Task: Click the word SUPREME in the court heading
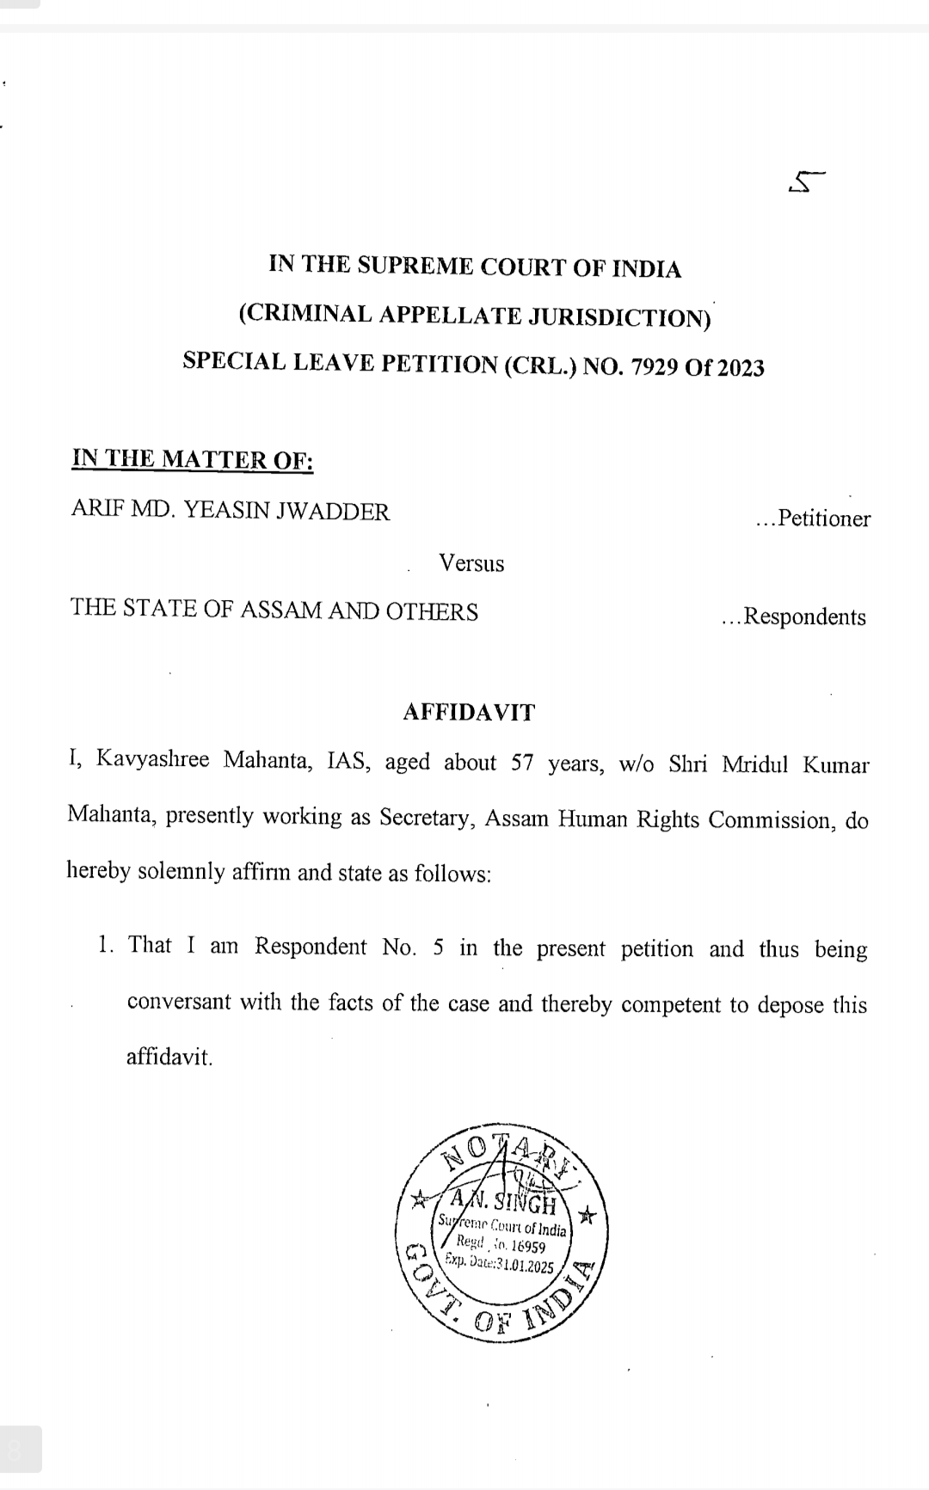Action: (x=416, y=267)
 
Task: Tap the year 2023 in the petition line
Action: (x=741, y=369)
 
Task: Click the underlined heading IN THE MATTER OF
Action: (x=193, y=459)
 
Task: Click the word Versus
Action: (x=471, y=564)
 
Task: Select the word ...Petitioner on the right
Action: (x=813, y=519)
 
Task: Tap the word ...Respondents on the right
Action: (x=794, y=617)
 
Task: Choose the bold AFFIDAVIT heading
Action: (x=469, y=713)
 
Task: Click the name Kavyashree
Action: (x=152, y=761)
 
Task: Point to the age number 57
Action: (x=523, y=763)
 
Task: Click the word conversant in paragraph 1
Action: (x=179, y=1003)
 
